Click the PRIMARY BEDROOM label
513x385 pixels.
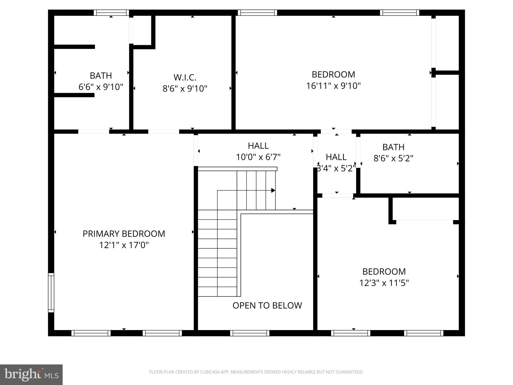click(124, 234)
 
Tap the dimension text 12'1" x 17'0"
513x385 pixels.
click(124, 245)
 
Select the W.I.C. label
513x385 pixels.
click(185, 77)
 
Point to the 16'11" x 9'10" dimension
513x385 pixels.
click(333, 86)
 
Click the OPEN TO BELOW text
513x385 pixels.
click(267, 306)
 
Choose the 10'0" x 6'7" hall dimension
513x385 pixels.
click(258, 157)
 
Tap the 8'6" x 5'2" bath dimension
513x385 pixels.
click(393, 158)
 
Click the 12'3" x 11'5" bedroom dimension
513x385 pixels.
click(384, 283)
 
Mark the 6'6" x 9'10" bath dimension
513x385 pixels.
click(101, 87)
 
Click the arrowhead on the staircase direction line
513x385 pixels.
click(273, 190)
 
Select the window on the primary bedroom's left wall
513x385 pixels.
click(51, 293)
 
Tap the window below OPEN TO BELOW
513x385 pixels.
click(250, 333)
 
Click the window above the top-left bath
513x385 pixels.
click(111, 13)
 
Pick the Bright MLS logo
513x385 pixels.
click(31, 375)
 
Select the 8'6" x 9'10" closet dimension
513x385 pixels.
click(185, 89)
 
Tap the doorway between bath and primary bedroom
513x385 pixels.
click(94, 132)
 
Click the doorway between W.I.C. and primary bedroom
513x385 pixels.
click(164, 132)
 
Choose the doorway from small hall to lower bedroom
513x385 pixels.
click(337, 196)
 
